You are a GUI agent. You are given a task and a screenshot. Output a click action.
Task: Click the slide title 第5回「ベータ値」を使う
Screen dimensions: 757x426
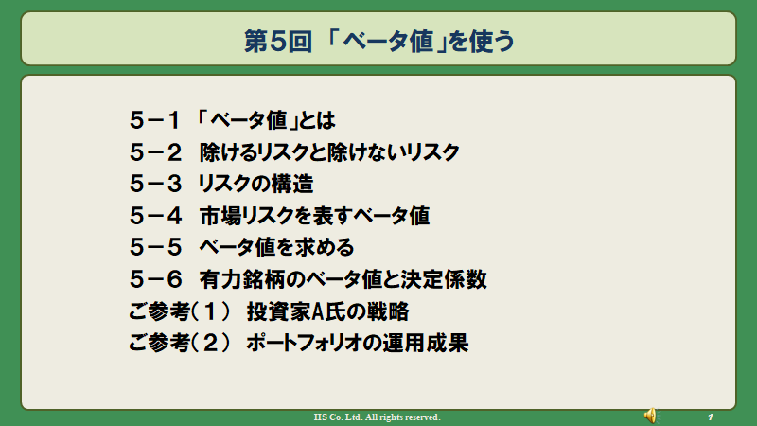(379, 41)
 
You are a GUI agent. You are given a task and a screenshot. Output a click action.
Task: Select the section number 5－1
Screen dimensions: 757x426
(155, 120)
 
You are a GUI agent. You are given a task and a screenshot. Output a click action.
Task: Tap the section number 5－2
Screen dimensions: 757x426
(155, 152)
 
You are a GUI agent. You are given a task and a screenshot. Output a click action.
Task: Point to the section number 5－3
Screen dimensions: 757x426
(155, 184)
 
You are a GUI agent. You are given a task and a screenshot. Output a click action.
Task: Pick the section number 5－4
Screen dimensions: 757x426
(155, 216)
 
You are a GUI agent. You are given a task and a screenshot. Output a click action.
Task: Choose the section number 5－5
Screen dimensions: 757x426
(155, 247)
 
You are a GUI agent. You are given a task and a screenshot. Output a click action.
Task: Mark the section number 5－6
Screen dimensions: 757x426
(155, 279)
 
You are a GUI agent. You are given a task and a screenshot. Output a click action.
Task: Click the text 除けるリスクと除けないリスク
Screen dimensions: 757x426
(329, 152)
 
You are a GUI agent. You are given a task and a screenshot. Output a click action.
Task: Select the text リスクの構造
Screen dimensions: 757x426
(255, 184)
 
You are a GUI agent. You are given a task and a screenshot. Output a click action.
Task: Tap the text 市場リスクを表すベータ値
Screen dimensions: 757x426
(314, 216)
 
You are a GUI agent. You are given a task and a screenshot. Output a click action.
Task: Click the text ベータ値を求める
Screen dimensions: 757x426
(276, 247)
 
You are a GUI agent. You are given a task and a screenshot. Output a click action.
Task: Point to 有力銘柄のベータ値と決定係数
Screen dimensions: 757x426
(343, 279)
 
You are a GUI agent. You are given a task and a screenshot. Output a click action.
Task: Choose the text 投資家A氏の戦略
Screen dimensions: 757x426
(327, 311)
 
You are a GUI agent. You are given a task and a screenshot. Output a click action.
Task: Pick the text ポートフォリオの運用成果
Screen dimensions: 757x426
(358, 343)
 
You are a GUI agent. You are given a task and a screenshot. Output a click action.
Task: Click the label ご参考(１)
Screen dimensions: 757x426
(179, 311)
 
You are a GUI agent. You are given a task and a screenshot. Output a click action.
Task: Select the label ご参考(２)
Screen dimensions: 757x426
(179, 343)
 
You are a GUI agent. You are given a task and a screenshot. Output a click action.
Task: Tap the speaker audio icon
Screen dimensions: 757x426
(651, 416)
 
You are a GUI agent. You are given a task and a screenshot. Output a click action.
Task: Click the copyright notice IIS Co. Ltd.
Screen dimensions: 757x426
(377, 417)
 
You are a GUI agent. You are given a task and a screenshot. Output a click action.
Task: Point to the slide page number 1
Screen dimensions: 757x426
(711, 417)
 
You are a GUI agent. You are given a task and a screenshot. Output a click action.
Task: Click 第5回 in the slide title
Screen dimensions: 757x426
(278, 41)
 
